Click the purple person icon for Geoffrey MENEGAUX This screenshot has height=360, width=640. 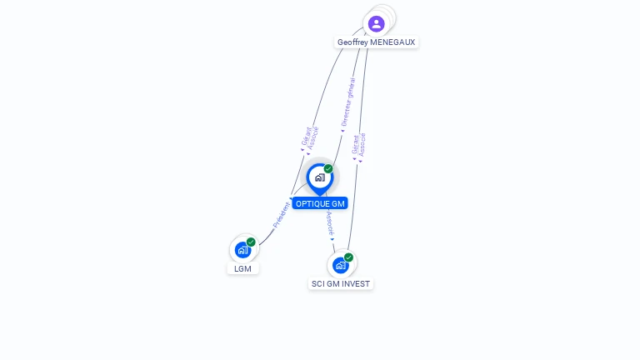(377, 23)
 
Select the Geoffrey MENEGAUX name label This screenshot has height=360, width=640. (376, 42)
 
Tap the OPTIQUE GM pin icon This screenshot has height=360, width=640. (319, 177)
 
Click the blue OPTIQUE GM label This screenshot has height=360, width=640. (320, 204)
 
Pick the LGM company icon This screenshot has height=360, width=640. (242, 249)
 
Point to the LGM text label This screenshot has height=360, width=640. (242, 268)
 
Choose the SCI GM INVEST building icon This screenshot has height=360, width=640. (340, 265)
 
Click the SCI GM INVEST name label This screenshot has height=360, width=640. (341, 284)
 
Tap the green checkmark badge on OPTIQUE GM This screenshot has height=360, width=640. (328, 169)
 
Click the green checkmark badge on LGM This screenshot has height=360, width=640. (251, 242)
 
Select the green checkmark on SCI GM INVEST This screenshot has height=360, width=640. (348, 257)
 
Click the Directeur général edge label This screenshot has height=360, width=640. (348, 103)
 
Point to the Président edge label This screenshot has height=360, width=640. (282, 214)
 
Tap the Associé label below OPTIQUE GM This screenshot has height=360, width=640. (330, 222)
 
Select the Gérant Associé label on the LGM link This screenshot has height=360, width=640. (310, 137)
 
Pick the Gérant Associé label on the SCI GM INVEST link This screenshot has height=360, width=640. (359, 145)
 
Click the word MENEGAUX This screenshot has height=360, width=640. (392, 42)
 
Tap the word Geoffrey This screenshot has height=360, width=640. (352, 42)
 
